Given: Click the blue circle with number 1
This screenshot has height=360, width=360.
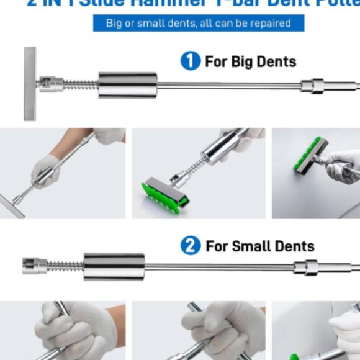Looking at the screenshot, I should [x=190, y=61].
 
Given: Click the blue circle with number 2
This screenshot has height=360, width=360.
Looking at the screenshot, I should [x=191, y=246].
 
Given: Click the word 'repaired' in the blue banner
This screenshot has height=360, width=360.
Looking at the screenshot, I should [x=268, y=24].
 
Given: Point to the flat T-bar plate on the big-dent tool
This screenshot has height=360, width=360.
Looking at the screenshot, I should [x=30, y=83].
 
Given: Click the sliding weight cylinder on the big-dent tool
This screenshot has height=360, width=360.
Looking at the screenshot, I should [x=127, y=85].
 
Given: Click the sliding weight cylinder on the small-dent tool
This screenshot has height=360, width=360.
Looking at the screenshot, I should [x=114, y=266].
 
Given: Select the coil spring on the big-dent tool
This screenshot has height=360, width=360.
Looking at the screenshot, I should [x=81, y=84].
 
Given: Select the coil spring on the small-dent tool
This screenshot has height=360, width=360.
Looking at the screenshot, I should [x=66, y=266].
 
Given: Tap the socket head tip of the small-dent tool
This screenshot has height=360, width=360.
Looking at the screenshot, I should [x=34, y=266].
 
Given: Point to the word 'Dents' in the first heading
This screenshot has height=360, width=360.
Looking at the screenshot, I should [x=277, y=62].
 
